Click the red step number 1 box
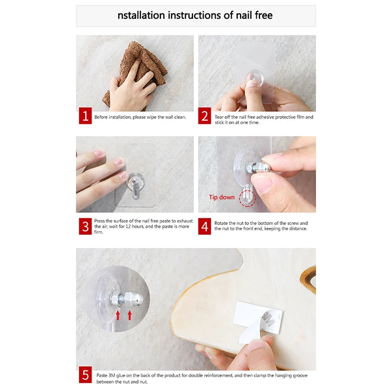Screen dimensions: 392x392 pyautogui.click(x=85, y=116)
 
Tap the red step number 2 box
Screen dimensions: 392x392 pyautogui.click(x=204, y=116)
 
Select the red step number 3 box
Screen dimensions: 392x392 pyautogui.click(x=85, y=226)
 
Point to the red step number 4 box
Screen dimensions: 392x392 pyautogui.click(x=204, y=226)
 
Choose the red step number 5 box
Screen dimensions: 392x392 pyautogui.click(x=85, y=375)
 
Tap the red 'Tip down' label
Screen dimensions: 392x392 pyautogui.click(x=222, y=197)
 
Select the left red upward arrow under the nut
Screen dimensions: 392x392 pyautogui.click(x=118, y=316)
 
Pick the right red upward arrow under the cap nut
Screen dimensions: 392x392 pyautogui.click(x=129, y=315)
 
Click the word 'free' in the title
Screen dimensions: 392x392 pyautogui.click(x=264, y=15)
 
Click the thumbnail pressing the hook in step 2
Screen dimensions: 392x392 pyautogui.click(x=251, y=83)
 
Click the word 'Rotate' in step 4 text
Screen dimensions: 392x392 pyautogui.click(x=221, y=223)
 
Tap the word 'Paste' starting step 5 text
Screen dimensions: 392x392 pyautogui.click(x=102, y=375)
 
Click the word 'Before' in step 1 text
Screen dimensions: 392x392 pyautogui.click(x=101, y=117)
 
